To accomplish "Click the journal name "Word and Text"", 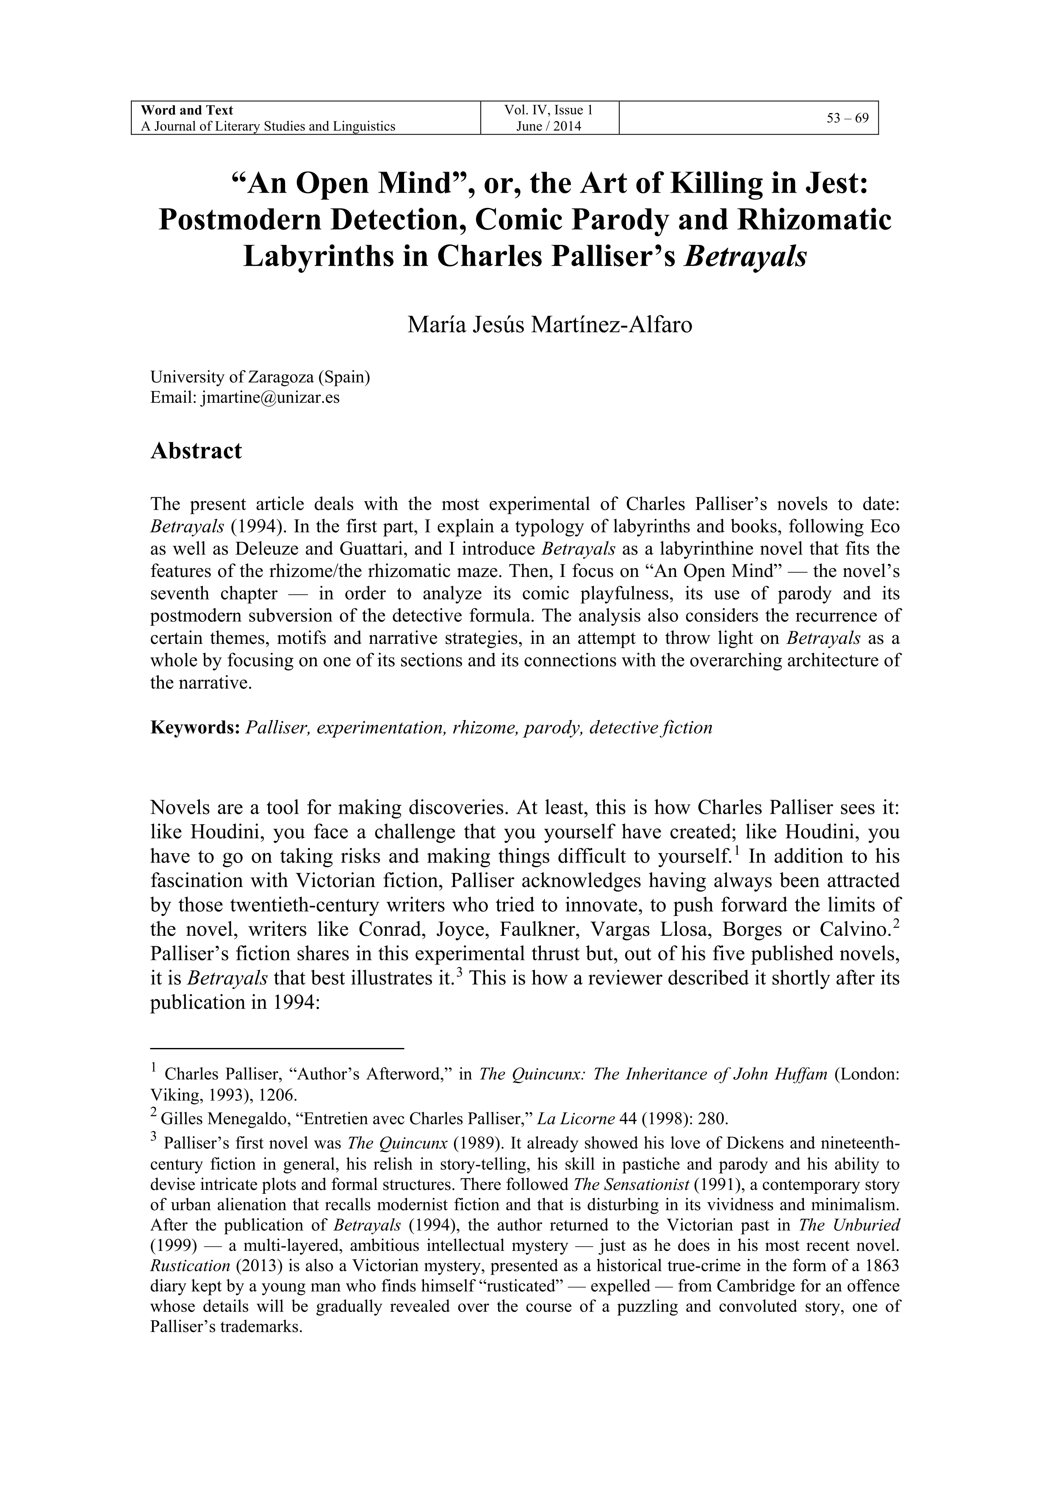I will (x=187, y=110).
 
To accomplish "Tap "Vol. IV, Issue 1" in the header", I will (x=549, y=110).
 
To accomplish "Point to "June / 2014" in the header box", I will (x=549, y=126).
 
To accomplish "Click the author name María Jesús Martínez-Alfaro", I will (x=549, y=324).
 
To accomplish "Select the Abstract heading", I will (x=196, y=450).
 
